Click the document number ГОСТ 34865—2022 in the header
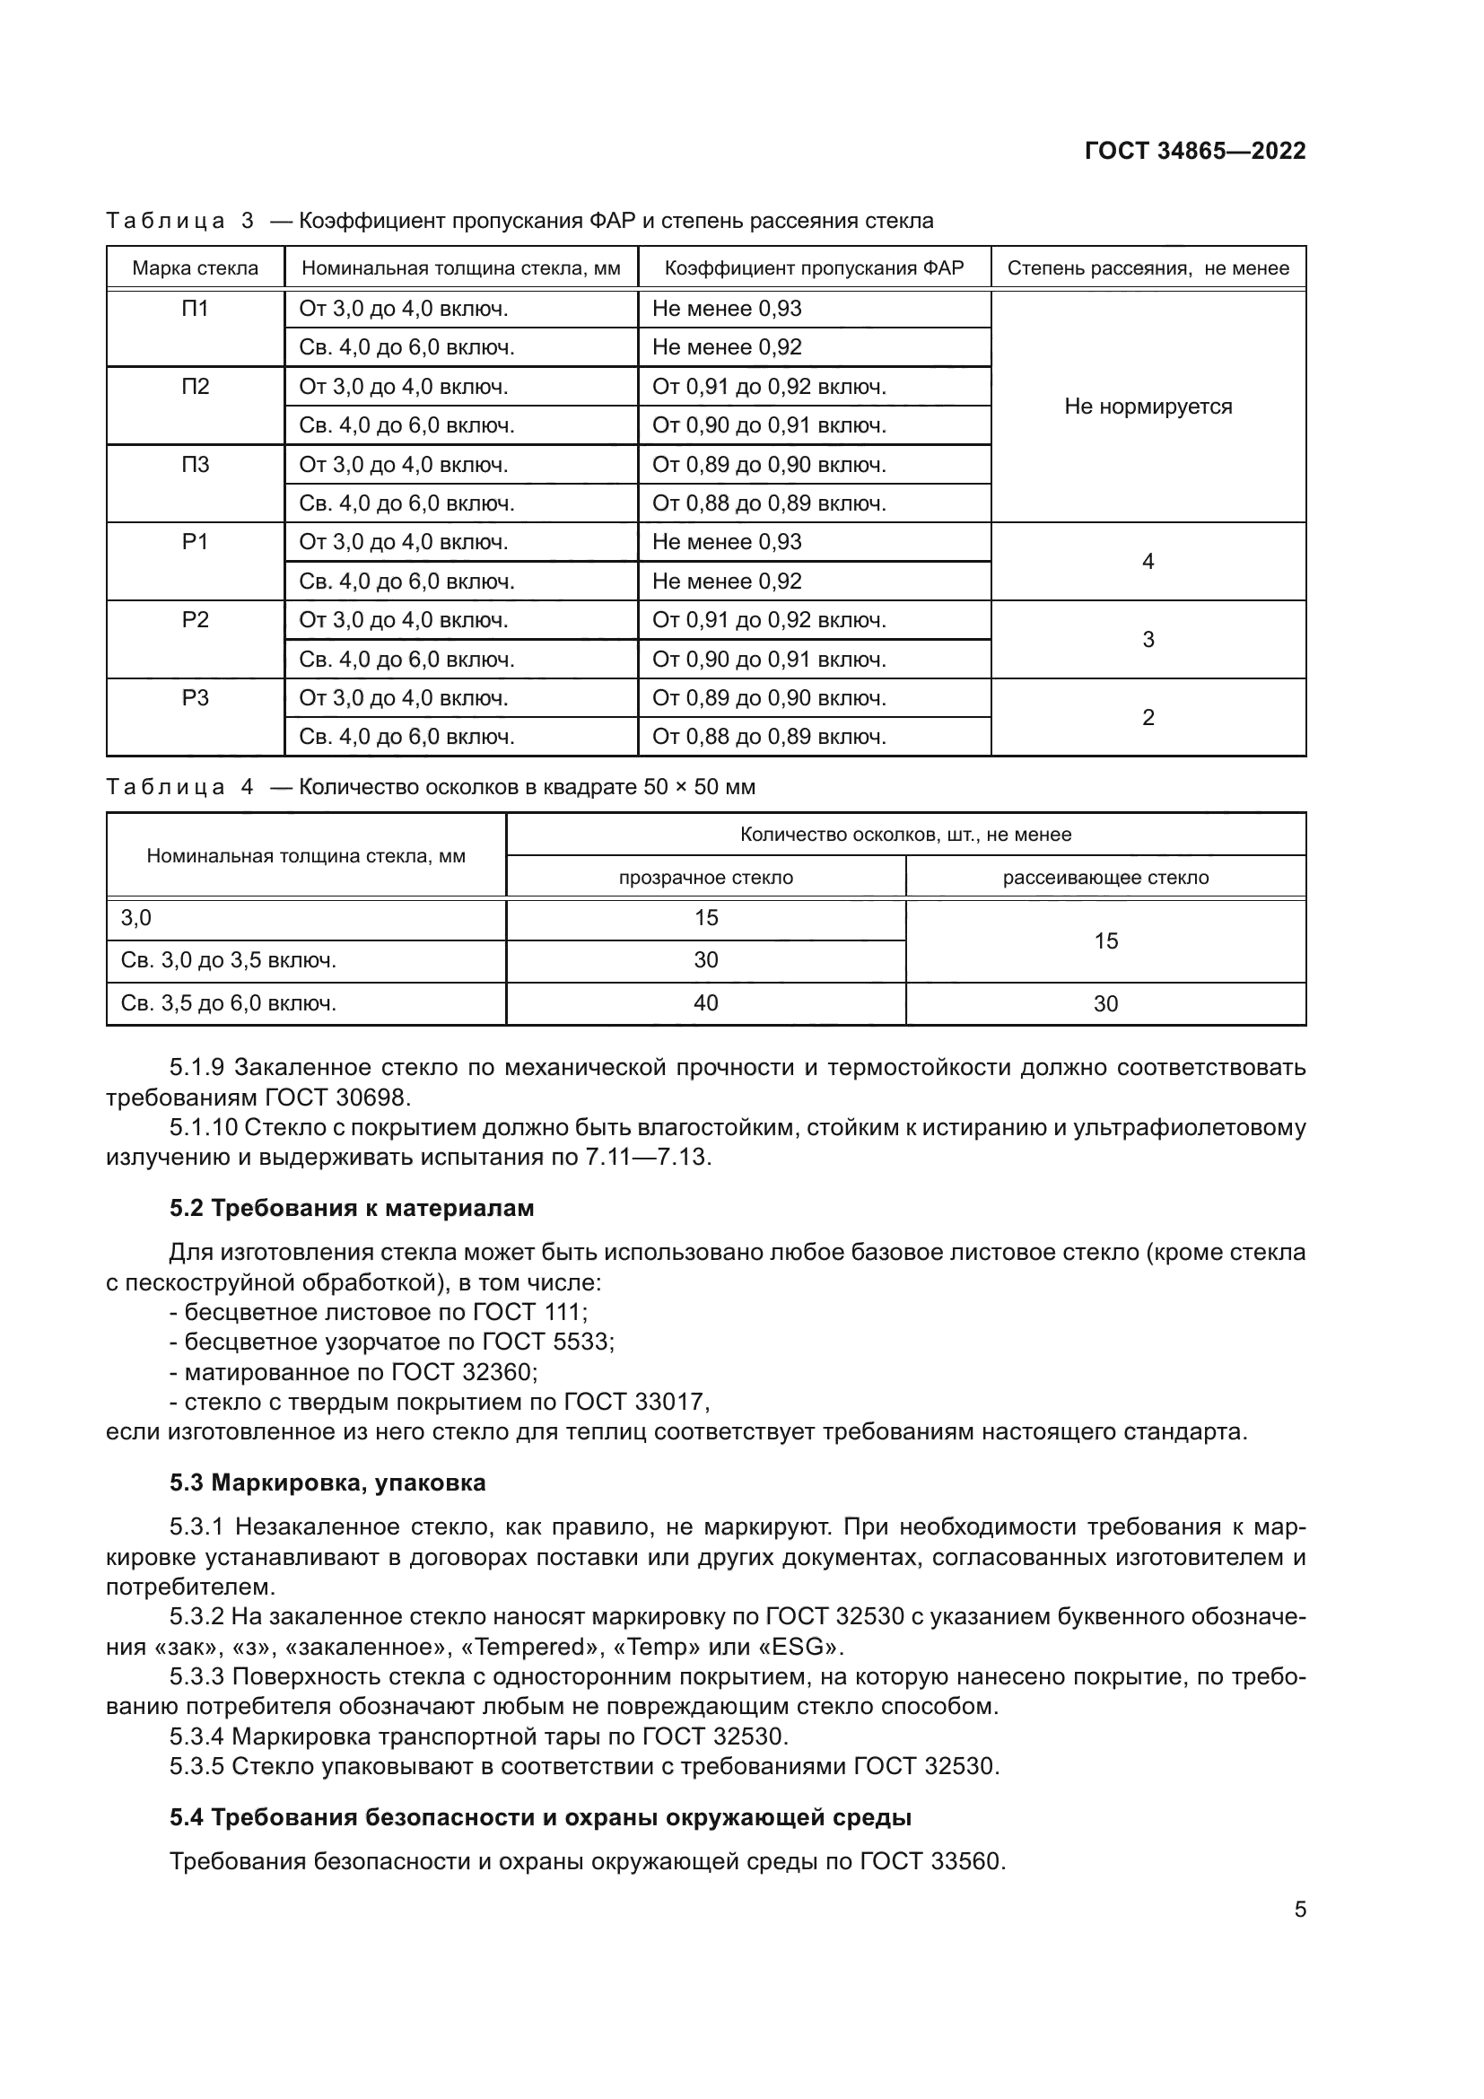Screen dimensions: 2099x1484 [x=1194, y=151]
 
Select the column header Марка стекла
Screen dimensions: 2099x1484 [x=195, y=267]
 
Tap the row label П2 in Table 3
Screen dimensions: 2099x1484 [x=195, y=387]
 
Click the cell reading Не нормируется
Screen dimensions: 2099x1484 [x=1148, y=406]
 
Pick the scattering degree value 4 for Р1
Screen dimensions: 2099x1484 [x=1148, y=561]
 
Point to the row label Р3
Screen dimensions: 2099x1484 [x=195, y=698]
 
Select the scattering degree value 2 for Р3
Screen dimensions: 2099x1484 [x=1148, y=718]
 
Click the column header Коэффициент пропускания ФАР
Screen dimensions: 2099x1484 [x=813, y=267]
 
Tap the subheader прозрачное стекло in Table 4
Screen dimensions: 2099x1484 [x=705, y=878]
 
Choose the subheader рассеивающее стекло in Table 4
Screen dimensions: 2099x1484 [x=1104, y=878]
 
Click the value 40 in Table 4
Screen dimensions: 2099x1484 [x=705, y=1003]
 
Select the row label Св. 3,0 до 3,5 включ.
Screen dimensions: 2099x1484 [x=229, y=960]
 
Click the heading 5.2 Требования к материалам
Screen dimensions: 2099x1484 [x=352, y=1208]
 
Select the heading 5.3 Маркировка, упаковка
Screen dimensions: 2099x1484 [x=327, y=1482]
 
